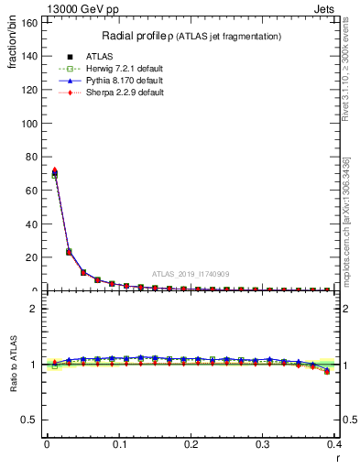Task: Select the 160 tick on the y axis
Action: (x=32, y=23)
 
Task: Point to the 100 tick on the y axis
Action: (x=32, y=124)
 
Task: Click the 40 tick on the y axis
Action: (x=35, y=224)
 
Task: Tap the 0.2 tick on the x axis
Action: (x=191, y=444)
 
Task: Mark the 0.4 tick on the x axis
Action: (x=334, y=444)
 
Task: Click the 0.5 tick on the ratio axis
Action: (x=34, y=420)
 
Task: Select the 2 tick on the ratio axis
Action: (x=38, y=309)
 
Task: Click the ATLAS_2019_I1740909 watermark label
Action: (x=191, y=274)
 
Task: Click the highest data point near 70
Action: (x=54, y=172)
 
